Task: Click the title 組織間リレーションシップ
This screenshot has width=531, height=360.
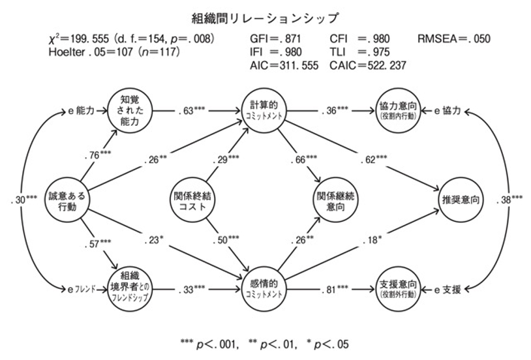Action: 265,14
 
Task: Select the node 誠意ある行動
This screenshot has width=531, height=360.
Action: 66,200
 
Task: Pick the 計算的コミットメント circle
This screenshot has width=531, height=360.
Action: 265,110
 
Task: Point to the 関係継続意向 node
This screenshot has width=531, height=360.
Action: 332,201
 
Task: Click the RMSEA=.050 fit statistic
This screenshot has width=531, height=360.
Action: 453,38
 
